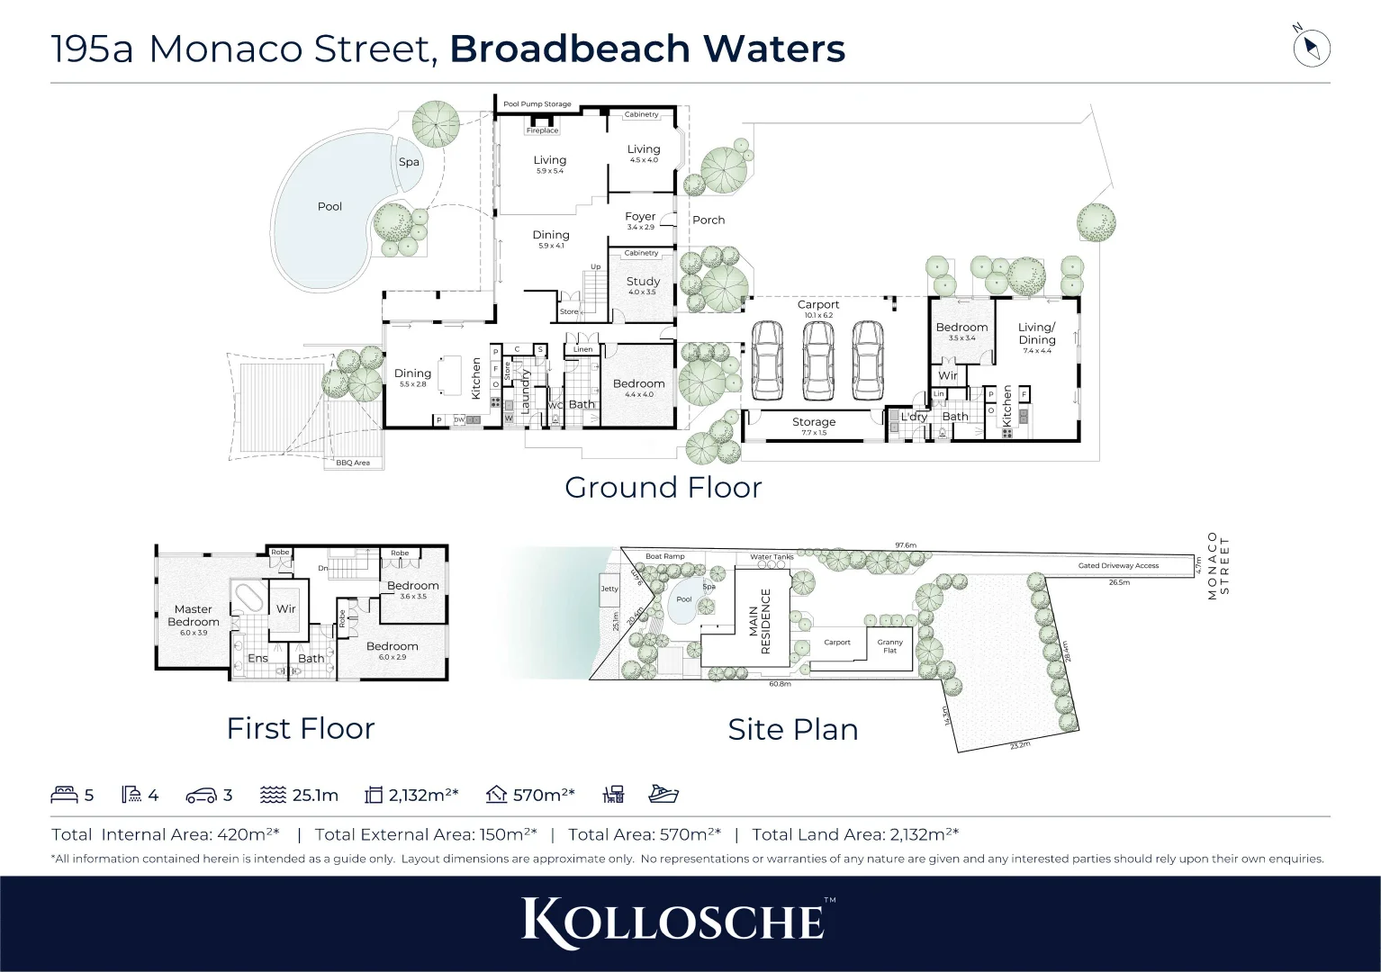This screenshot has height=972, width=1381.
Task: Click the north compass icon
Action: [x=1311, y=48]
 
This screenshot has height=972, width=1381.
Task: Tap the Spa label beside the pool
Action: [x=409, y=162]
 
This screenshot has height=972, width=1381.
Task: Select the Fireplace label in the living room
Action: [x=542, y=130]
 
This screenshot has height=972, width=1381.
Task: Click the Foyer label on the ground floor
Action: [x=640, y=217]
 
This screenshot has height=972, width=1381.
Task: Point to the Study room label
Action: [x=643, y=282]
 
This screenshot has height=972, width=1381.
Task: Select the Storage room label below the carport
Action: [x=814, y=422]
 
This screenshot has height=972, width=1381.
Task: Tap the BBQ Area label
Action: [x=353, y=463]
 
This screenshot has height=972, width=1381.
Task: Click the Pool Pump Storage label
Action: [x=537, y=104]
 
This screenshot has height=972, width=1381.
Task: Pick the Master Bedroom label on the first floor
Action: [x=193, y=616]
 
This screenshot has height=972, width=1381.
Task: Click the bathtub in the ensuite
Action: [x=247, y=598]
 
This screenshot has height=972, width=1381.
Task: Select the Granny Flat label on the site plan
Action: [x=889, y=646]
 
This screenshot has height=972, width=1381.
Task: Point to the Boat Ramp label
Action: [x=664, y=556]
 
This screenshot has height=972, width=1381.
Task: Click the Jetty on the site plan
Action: [x=609, y=589]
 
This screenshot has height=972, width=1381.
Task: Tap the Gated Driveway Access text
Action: [x=1118, y=566]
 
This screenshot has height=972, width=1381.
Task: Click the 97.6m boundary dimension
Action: [x=905, y=545]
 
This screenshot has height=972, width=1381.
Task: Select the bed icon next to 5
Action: [x=65, y=795]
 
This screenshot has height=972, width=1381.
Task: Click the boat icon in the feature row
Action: [x=663, y=794]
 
